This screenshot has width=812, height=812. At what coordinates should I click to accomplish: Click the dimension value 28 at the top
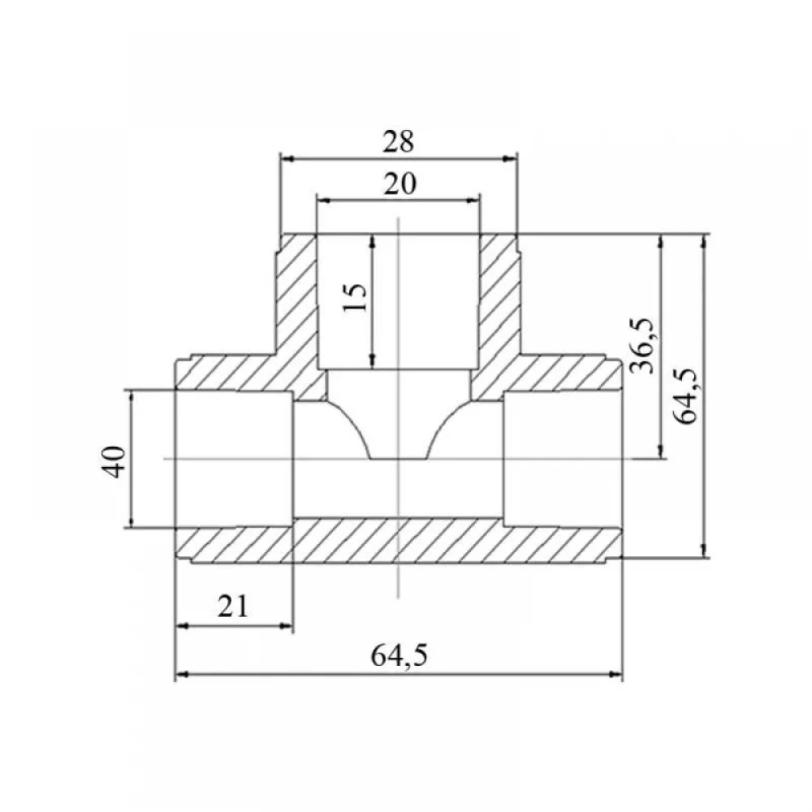(399, 141)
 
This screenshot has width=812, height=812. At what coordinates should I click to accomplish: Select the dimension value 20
(400, 184)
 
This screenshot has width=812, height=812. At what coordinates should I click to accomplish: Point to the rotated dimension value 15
(356, 297)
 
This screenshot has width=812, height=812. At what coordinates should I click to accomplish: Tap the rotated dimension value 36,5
(642, 347)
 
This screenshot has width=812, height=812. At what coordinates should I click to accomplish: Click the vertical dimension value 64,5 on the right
(687, 396)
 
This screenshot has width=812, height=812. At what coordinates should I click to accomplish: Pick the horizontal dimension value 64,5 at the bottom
(400, 655)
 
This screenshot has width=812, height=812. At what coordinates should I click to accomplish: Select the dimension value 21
(233, 606)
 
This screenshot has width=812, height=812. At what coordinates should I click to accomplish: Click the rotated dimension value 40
(114, 461)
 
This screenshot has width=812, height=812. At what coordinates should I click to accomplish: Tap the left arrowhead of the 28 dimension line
(287, 158)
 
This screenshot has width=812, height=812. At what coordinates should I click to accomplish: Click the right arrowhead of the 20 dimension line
(473, 201)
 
